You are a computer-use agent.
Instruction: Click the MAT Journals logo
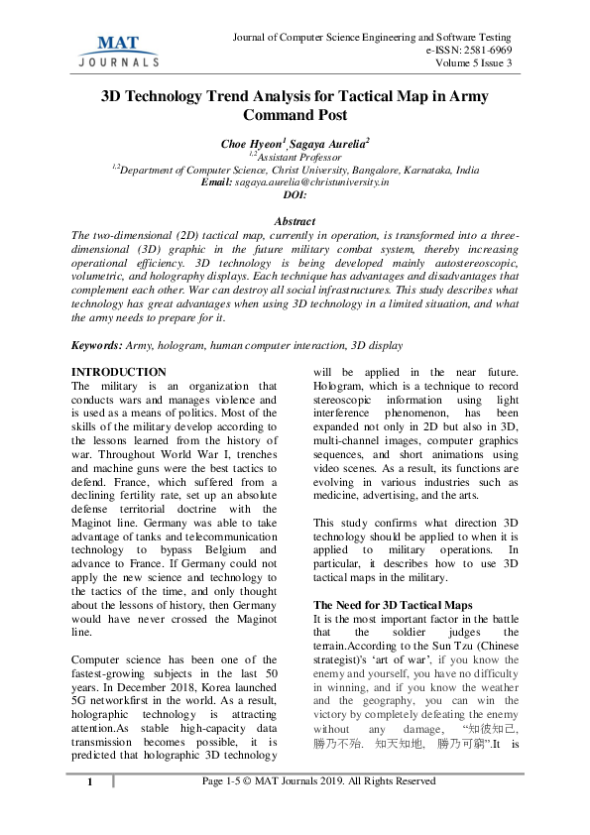tap(118, 51)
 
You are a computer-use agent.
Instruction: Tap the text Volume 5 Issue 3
tap(473, 63)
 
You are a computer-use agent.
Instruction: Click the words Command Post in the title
tap(295, 116)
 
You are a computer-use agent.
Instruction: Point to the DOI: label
tap(295, 195)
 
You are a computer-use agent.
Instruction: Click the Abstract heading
tap(295, 221)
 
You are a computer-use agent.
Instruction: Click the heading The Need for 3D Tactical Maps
tap(392, 604)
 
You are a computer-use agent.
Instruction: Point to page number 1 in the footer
tap(89, 782)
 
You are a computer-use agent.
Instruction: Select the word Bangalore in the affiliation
tap(370, 170)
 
